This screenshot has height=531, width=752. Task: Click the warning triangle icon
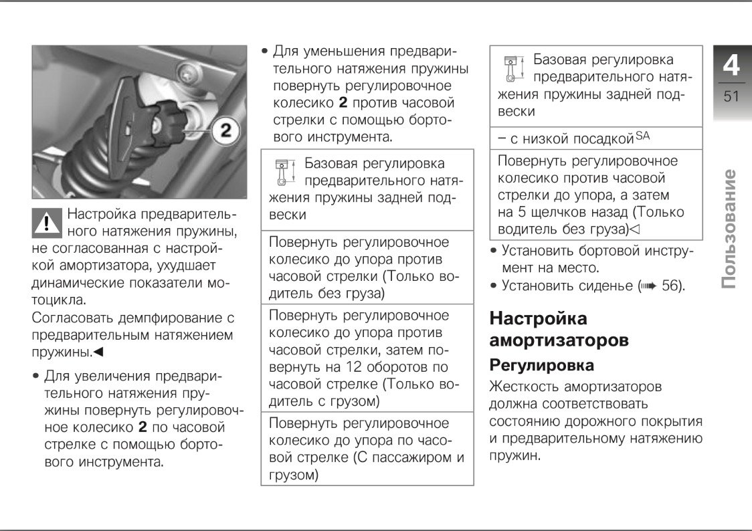pyautogui.click(x=46, y=221)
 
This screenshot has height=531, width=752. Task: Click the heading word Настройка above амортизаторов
pyautogui.click(x=538, y=318)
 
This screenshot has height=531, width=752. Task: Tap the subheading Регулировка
pyautogui.click(x=542, y=365)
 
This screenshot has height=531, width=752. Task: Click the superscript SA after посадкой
pyautogui.click(x=642, y=136)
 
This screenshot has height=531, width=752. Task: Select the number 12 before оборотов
pyautogui.click(x=355, y=367)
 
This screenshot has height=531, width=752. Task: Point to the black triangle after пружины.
pyautogui.click(x=98, y=351)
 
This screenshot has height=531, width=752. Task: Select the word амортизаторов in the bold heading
pyautogui.click(x=559, y=340)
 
